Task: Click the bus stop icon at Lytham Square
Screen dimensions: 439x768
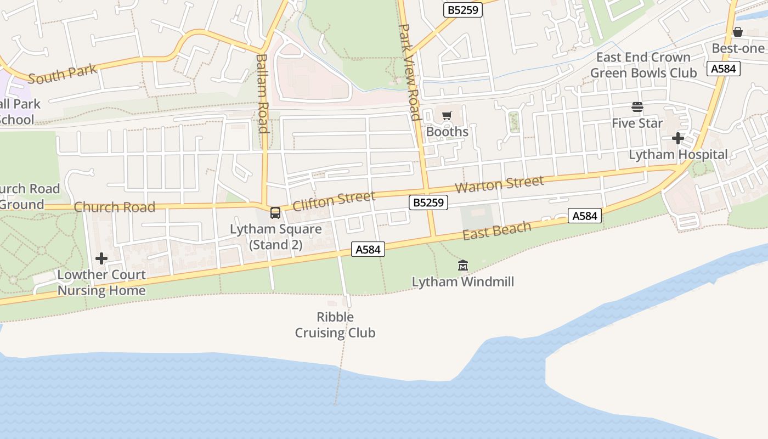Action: (x=275, y=213)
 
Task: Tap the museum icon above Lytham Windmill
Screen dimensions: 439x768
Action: (x=463, y=266)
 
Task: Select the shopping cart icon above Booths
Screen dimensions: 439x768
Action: (x=447, y=116)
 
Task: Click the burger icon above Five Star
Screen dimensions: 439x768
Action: (x=637, y=106)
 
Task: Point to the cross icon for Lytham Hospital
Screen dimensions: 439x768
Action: (x=678, y=138)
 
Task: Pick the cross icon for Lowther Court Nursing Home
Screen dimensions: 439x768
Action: (x=101, y=258)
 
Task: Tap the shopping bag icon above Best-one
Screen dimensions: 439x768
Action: (x=738, y=32)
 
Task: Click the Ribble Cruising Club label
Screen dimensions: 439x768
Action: (x=335, y=325)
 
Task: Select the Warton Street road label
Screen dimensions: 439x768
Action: (x=499, y=184)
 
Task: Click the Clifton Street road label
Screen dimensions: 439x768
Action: (x=334, y=200)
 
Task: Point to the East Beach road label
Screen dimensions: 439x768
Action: (x=497, y=230)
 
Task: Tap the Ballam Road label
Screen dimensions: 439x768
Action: (x=262, y=93)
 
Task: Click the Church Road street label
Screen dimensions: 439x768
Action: (x=115, y=207)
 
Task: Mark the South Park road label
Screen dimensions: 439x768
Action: (x=62, y=74)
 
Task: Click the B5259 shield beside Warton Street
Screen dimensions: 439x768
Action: (x=428, y=202)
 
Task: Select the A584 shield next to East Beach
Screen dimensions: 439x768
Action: (x=584, y=216)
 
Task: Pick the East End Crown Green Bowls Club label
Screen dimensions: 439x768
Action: (x=643, y=65)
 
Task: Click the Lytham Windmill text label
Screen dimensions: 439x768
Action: (x=463, y=282)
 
